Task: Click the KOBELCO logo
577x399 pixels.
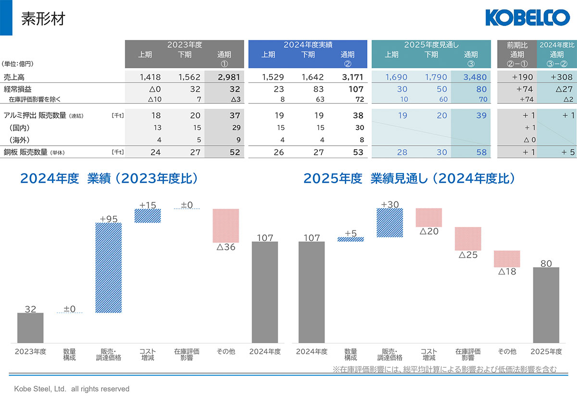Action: pos(527,18)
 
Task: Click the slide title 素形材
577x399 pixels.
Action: pos(43,19)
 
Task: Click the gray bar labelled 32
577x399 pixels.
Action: pos(30,328)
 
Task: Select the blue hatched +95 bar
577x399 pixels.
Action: pos(109,268)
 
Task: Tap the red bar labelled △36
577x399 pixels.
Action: pos(226,225)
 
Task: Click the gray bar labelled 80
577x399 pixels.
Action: pos(546,305)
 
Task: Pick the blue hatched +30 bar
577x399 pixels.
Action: pos(389,223)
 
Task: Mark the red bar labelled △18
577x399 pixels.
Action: pos(507,259)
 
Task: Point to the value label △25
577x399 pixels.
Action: pos(467,255)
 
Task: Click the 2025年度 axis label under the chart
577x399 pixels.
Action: pos(546,351)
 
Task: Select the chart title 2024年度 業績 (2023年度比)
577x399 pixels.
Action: pos(109,178)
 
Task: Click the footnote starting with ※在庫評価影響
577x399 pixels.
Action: pos(445,369)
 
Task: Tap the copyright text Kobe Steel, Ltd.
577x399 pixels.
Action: pos(72,388)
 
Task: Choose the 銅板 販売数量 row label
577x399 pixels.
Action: pos(34,152)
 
